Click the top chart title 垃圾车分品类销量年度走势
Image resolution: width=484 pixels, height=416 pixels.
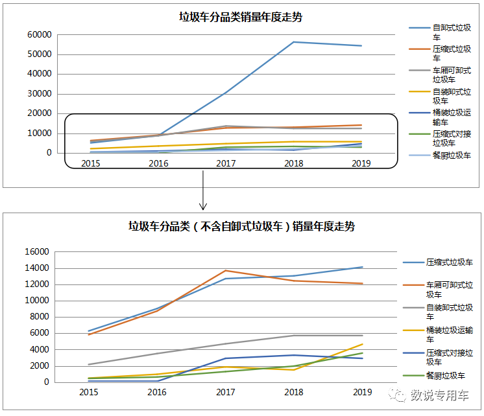241,17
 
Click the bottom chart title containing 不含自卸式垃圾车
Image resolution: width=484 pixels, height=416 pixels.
241,226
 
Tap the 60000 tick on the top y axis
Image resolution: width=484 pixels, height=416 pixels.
39,34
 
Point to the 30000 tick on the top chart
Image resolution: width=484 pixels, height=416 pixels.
39,93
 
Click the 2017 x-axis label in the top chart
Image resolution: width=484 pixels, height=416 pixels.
226,163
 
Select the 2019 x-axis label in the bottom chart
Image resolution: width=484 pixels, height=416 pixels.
362,392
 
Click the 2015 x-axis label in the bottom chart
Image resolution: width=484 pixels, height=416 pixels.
90,392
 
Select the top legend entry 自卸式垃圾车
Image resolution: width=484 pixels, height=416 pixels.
452,33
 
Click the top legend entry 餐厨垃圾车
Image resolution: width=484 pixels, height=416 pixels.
452,156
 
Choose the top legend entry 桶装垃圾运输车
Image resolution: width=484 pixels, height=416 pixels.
452,117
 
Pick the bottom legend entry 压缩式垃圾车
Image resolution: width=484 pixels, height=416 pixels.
449,262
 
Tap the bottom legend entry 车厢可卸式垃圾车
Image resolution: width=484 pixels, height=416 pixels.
449,290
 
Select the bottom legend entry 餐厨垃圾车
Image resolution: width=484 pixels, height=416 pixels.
445,376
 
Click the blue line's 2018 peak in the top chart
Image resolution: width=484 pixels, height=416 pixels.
294,42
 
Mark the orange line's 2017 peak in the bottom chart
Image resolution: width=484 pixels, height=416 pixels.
226,270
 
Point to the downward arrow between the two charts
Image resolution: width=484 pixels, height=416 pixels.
203,191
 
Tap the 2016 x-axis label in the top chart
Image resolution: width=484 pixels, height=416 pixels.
158,163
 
